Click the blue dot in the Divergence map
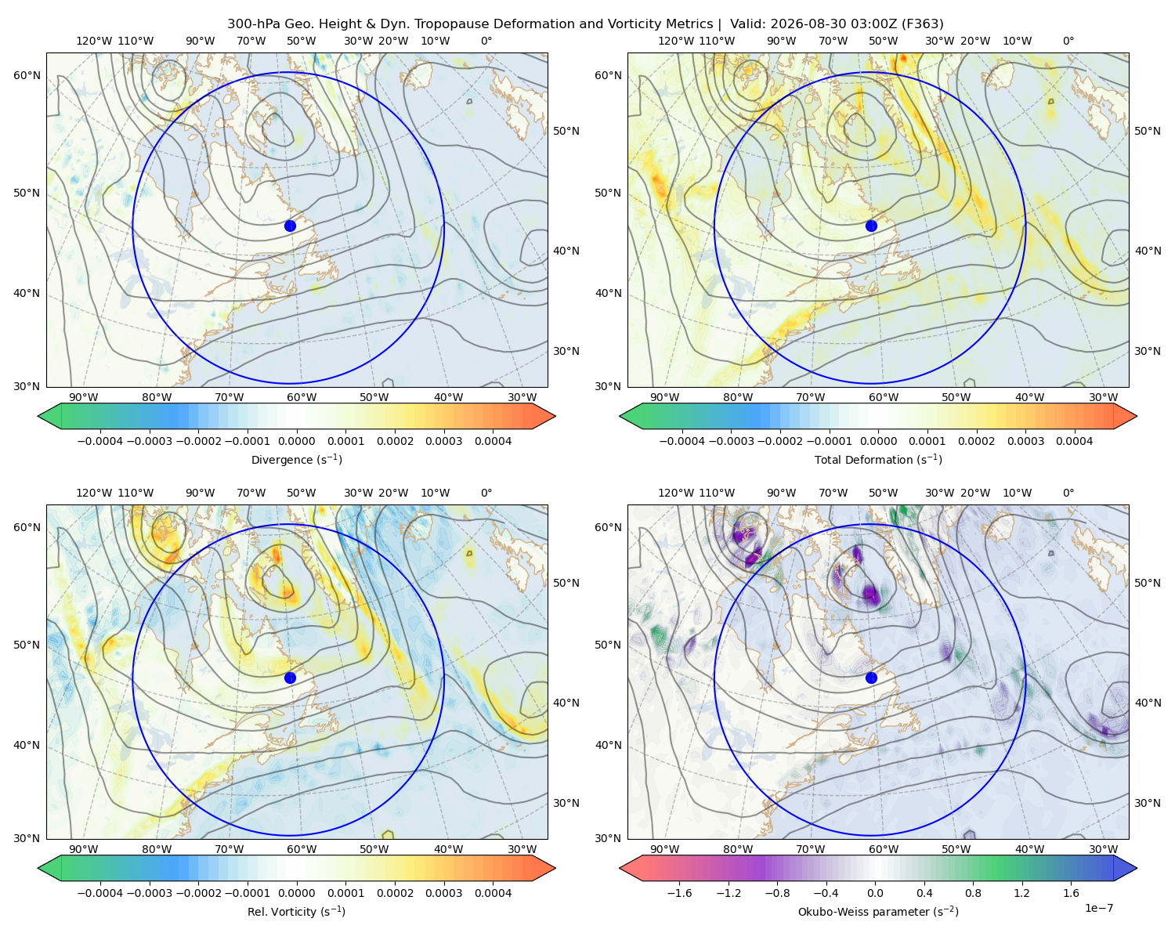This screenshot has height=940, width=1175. point(290,226)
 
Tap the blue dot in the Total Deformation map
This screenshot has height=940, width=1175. point(871,226)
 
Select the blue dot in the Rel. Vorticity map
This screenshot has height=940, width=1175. point(290,678)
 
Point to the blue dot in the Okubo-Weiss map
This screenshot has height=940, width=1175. point(871,678)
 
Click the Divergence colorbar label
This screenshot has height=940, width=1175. point(296,459)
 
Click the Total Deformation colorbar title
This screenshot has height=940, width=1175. point(878,459)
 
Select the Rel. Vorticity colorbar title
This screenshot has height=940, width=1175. point(296,911)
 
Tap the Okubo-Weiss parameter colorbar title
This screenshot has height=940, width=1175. point(878,911)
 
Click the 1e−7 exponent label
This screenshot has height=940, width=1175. point(1098,908)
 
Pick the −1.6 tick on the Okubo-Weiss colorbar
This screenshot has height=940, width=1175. point(679,892)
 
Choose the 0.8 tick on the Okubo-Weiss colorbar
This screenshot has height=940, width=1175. point(973,892)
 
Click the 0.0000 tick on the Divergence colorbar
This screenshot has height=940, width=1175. point(296,441)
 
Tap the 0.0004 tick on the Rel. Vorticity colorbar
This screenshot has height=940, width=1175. point(493,892)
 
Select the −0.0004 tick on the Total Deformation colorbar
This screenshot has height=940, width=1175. point(682,441)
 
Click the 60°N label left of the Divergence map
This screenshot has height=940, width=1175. point(27,75)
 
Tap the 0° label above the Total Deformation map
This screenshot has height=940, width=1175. point(1068,41)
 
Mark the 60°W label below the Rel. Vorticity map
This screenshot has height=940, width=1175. point(302,849)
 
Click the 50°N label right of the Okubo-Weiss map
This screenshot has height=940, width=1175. point(1148,583)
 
